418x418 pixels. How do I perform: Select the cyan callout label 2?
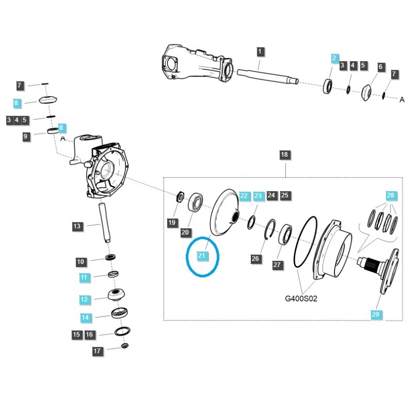tap(334, 59)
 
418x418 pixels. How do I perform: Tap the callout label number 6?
tap(380, 67)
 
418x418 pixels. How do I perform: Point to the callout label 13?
tap(77, 226)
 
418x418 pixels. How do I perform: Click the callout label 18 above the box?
tap(284, 155)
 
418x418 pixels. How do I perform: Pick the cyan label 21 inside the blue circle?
tap(202, 255)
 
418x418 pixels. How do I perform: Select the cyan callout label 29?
tap(376, 314)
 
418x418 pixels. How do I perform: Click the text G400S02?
tap(301, 299)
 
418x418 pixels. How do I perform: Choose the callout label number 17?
tap(97, 351)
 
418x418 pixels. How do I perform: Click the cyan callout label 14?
tap(85, 317)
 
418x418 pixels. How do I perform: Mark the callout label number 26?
tap(255, 259)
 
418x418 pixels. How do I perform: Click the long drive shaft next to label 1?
tap(266, 76)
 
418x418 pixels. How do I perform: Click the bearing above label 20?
tap(198, 202)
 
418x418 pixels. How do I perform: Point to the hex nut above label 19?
tap(180, 196)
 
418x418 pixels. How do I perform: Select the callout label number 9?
tap(26, 137)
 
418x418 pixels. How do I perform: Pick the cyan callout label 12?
tap(85, 299)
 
